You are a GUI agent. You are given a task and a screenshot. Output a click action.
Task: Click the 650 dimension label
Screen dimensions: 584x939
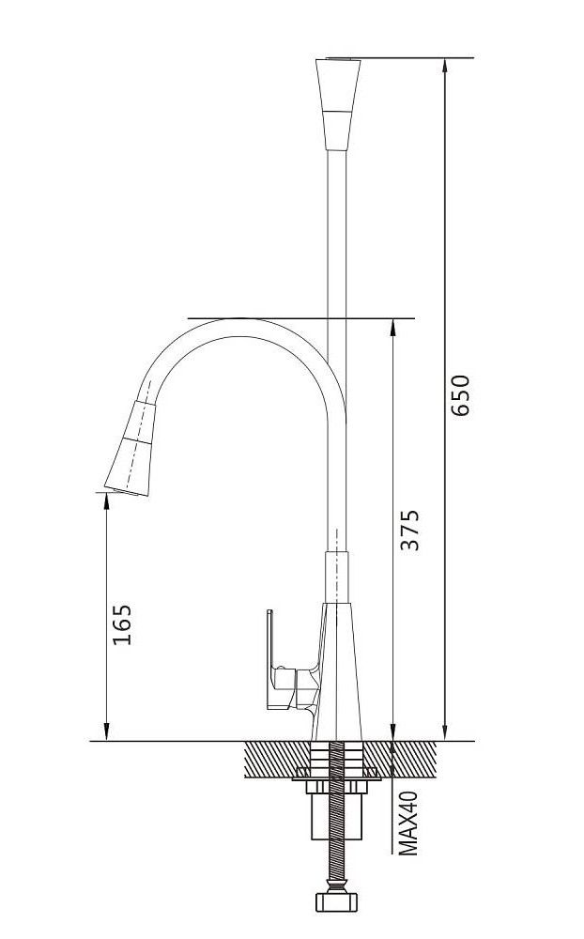461,395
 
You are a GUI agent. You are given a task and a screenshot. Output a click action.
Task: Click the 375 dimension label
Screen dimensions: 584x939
409,530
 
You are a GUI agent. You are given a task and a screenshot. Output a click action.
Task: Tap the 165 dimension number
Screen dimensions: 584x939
122,624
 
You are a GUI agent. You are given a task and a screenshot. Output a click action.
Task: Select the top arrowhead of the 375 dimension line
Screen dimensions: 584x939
392,327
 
